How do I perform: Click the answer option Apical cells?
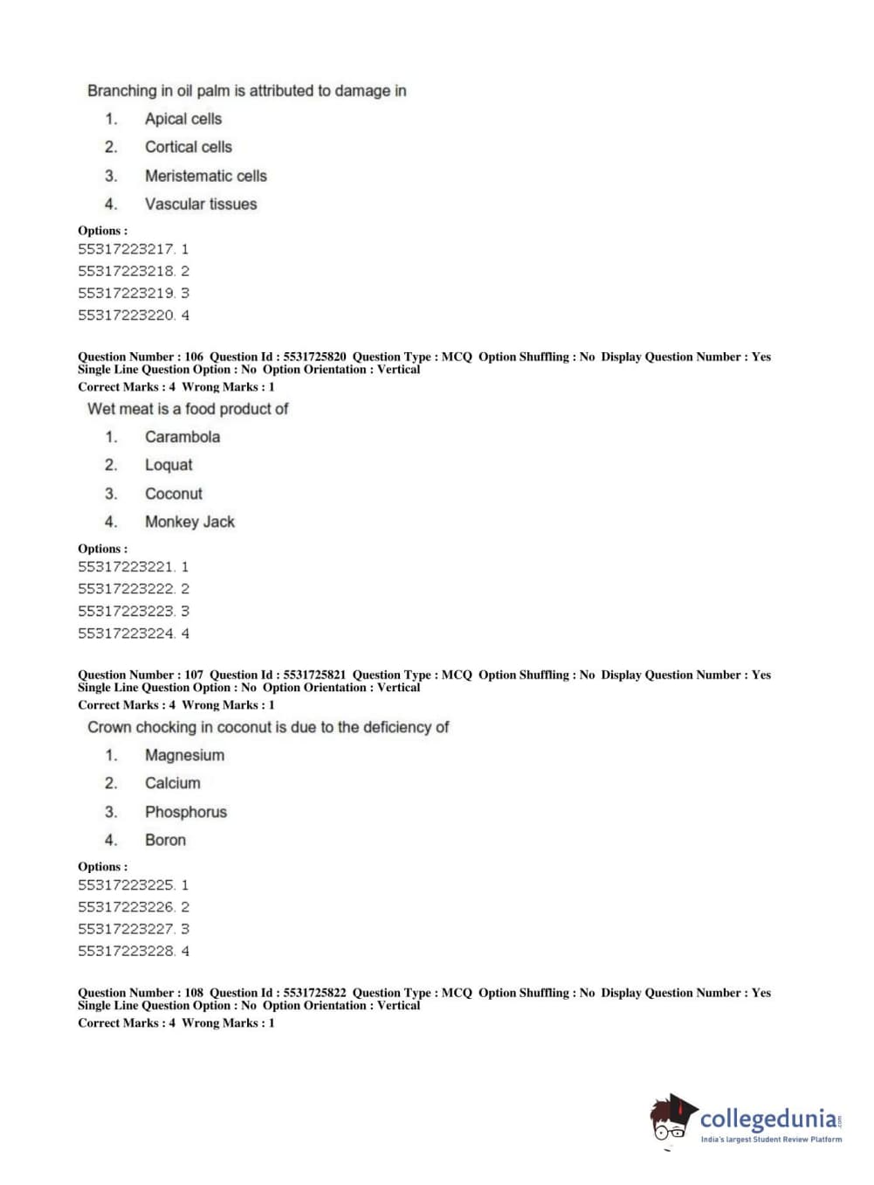(x=182, y=119)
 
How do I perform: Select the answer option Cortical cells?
(x=188, y=147)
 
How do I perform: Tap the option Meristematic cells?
(x=205, y=176)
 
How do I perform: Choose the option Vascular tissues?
(x=201, y=204)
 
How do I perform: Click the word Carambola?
(x=182, y=437)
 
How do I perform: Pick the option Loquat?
(x=169, y=465)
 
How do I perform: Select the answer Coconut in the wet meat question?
(x=173, y=494)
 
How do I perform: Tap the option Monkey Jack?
(x=189, y=522)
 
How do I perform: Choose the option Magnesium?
(x=184, y=755)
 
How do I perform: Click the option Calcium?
(x=172, y=783)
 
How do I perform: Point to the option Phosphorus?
(x=185, y=812)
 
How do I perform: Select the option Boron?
(x=165, y=840)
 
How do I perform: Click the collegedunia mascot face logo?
(x=671, y=1119)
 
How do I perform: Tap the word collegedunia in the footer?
(x=768, y=1119)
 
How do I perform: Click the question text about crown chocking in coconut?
(x=268, y=727)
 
